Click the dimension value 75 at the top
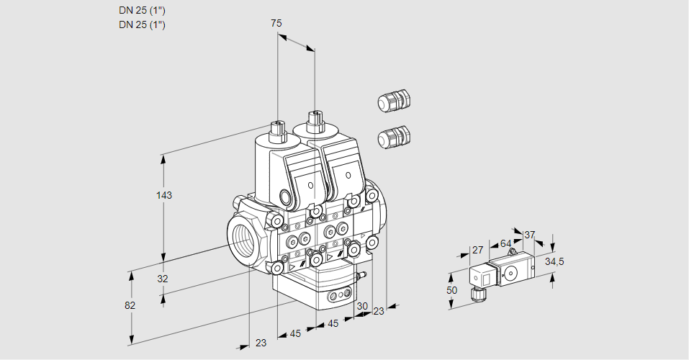click(276, 23)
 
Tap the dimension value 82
click(130, 305)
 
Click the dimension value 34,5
click(554, 261)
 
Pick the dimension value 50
click(451, 290)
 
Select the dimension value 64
click(505, 243)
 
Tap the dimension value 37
click(530, 235)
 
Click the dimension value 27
click(477, 250)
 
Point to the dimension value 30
click(361, 305)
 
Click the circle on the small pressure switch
click(512, 273)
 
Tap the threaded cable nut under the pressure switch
click(476, 292)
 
